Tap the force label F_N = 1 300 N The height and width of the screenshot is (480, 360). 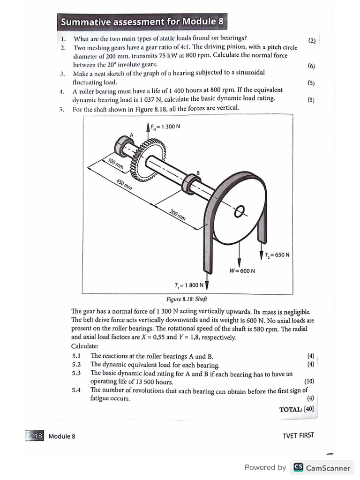point(165,126)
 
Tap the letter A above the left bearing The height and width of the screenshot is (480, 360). point(131,135)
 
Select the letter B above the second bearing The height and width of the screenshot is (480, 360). point(198,173)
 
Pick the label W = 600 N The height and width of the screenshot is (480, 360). point(242,270)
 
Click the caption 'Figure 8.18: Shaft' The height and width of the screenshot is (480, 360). point(187,299)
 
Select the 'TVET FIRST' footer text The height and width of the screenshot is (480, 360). point(299,435)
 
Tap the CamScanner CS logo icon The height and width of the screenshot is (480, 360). point(298,467)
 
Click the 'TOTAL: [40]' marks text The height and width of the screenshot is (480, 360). point(296,409)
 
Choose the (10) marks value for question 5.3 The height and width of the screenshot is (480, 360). point(309,381)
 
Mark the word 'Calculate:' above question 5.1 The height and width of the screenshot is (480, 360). point(85,346)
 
